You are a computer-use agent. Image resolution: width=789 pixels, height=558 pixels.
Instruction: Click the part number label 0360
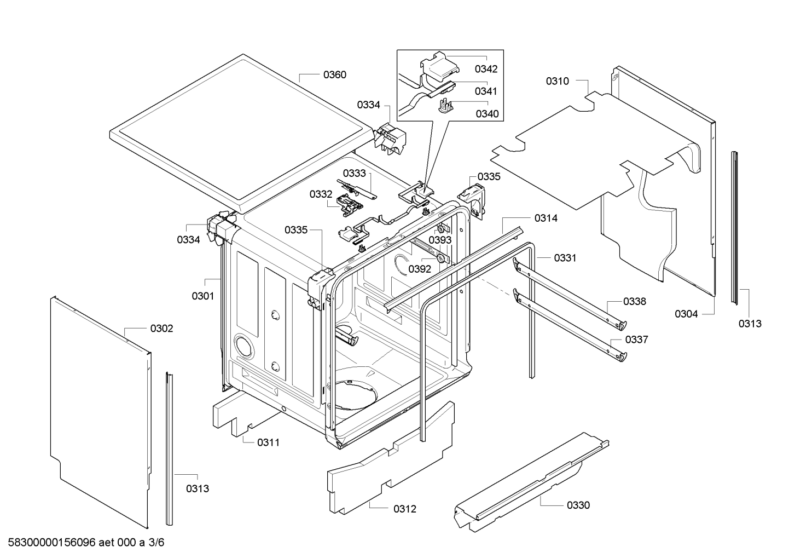coord(334,74)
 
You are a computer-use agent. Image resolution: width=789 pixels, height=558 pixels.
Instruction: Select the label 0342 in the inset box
coord(486,69)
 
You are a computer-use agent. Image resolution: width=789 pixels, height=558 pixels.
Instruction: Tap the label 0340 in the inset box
coord(486,113)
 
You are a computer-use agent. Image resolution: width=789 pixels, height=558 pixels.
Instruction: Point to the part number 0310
coord(557,81)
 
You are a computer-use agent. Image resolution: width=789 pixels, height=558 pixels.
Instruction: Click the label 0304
coord(686,314)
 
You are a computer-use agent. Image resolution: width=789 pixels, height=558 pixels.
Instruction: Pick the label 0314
coord(546,218)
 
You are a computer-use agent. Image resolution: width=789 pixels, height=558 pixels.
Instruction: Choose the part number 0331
coord(565,257)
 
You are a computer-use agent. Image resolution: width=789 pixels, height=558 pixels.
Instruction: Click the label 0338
coord(635,301)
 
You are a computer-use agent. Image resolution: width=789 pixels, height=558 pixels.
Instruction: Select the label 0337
coord(636,340)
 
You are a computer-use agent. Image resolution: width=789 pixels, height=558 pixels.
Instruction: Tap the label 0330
coord(578,505)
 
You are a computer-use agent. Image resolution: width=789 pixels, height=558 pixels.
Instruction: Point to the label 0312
coord(405,509)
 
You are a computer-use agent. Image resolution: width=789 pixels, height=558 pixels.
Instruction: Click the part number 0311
coord(268,442)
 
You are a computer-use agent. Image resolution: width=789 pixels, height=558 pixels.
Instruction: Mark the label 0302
coord(161,329)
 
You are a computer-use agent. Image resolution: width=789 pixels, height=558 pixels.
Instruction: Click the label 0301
coord(202,296)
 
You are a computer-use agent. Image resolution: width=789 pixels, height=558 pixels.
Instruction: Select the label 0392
coord(420,269)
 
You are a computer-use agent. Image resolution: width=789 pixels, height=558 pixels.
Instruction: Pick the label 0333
coord(355,173)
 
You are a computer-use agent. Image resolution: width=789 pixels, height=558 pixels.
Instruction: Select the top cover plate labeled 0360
coord(241,131)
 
